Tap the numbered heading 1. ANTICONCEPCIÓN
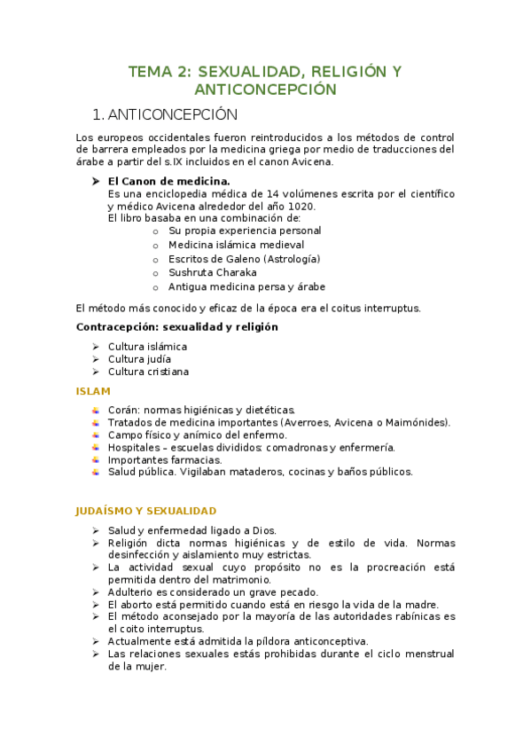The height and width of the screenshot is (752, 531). tap(166, 114)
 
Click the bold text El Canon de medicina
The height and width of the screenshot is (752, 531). tap(156, 180)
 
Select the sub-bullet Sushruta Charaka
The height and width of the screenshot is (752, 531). tap(212, 272)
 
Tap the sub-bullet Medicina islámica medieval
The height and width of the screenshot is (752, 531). tap(236, 244)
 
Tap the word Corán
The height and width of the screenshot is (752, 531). tap(123, 410)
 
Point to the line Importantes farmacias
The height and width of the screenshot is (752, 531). tap(165, 459)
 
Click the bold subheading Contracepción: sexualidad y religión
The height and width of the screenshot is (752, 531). tap(177, 326)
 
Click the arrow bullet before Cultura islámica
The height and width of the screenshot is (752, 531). tap(95, 346)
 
